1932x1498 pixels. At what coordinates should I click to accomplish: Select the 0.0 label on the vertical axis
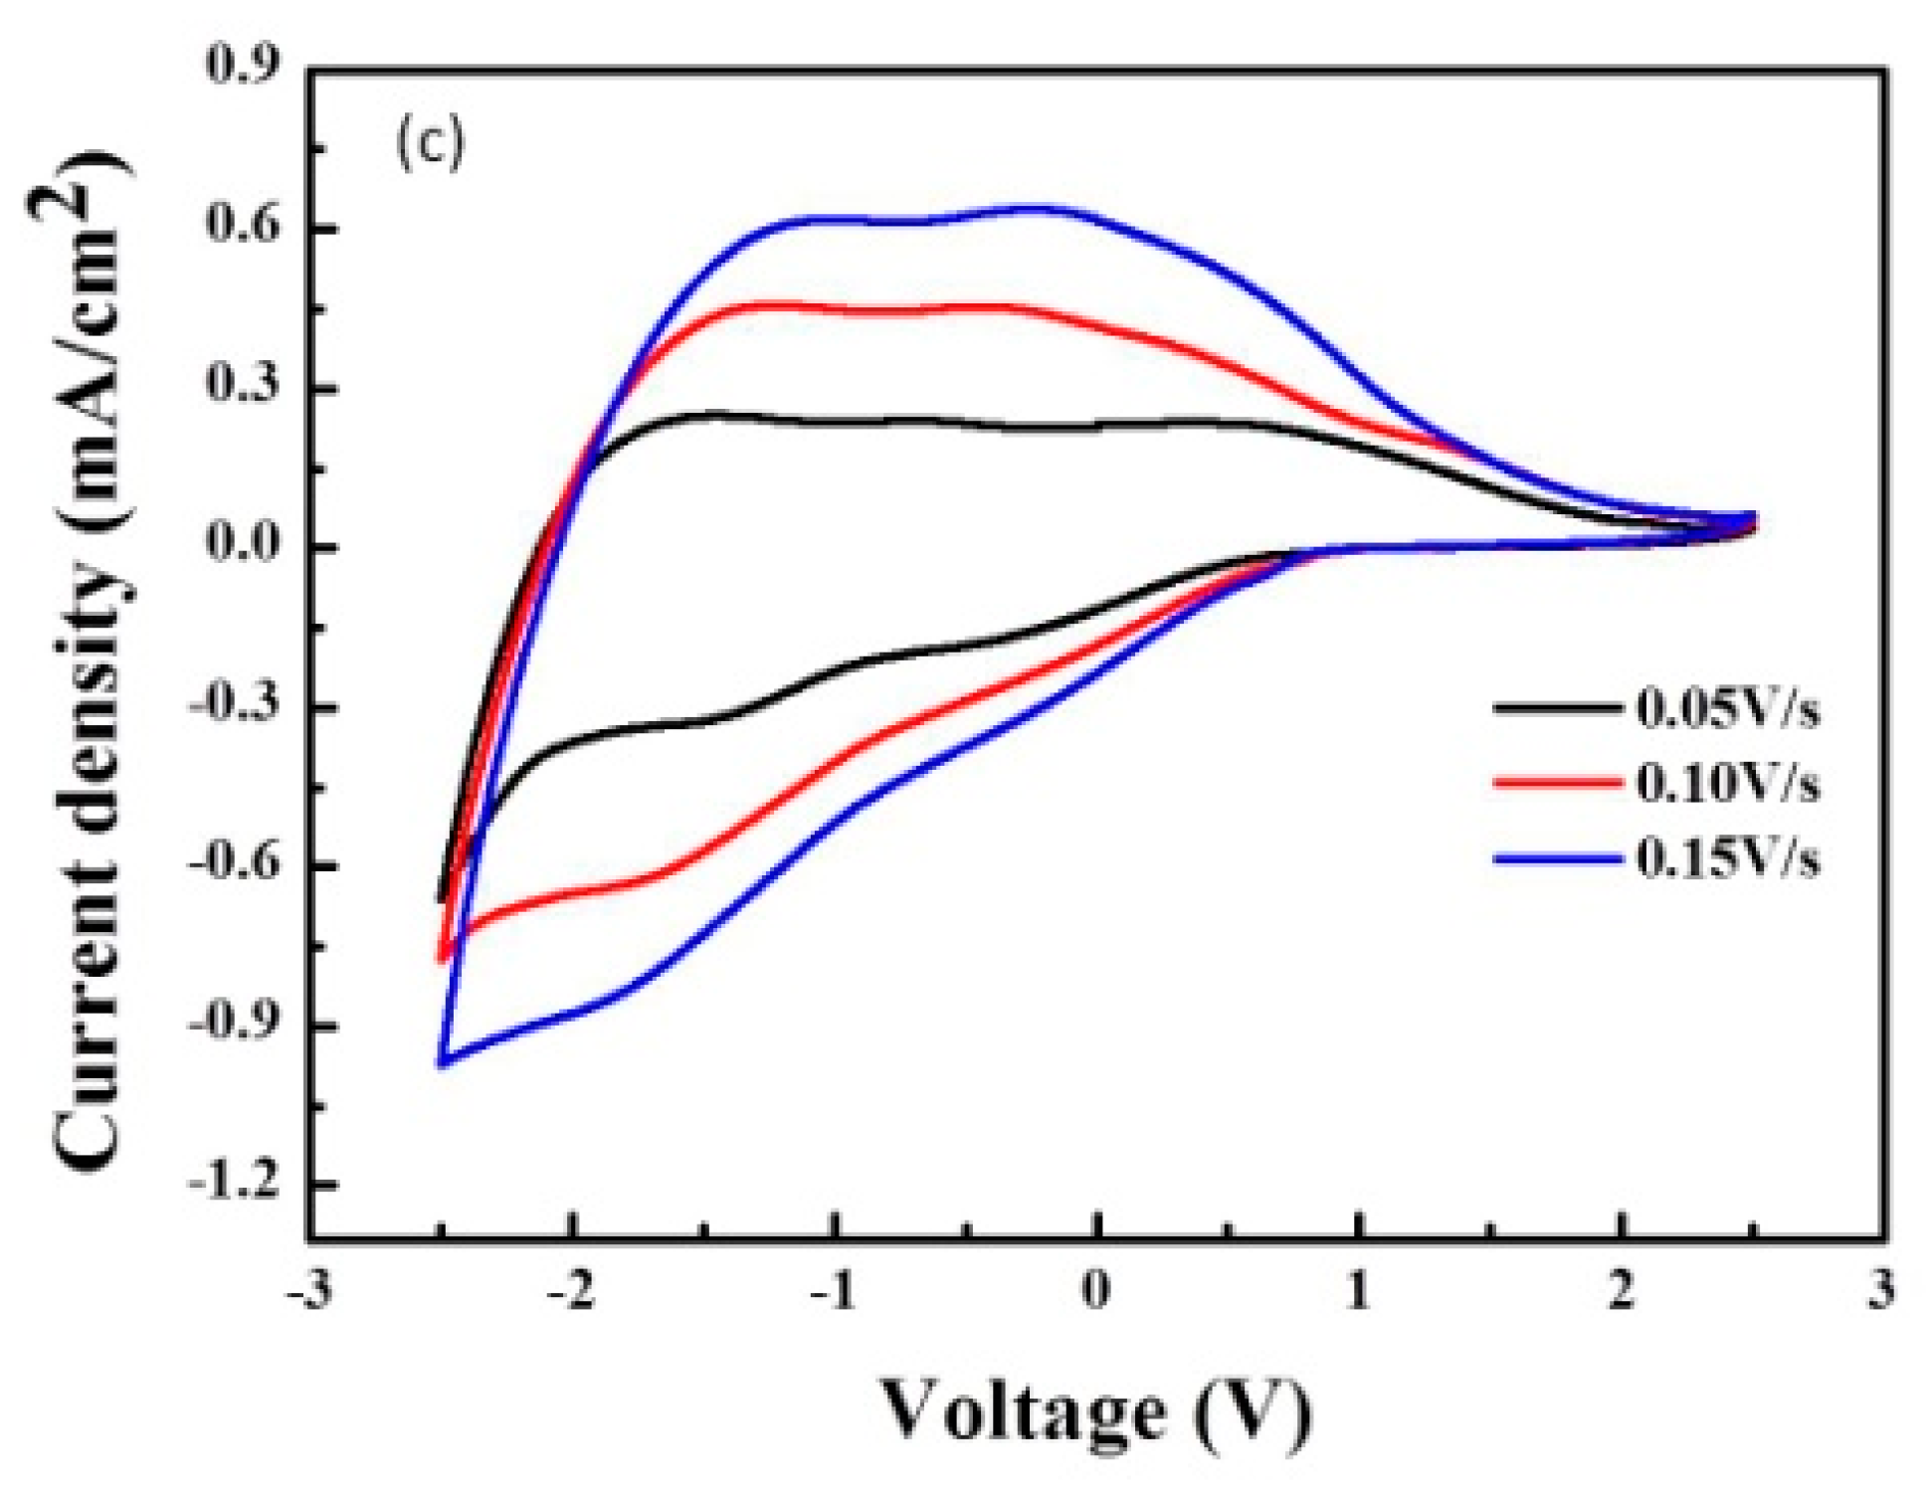pyautogui.click(x=242, y=545)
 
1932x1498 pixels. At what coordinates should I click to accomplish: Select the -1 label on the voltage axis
pyautogui.click(x=834, y=1293)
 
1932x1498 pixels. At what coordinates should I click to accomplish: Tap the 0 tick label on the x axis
pyautogui.click(x=1095, y=1293)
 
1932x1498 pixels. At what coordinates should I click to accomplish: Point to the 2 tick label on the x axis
pyautogui.click(x=1622, y=1293)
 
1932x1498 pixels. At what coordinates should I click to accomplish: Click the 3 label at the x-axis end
pyautogui.click(x=1880, y=1293)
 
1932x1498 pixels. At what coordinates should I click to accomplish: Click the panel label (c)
pyautogui.click(x=430, y=144)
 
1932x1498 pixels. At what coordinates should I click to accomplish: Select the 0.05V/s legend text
pyautogui.click(x=1729, y=710)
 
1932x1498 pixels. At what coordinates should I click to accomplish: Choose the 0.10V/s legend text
pyautogui.click(x=1729, y=785)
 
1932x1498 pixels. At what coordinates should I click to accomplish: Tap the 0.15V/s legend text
pyautogui.click(x=1729, y=859)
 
